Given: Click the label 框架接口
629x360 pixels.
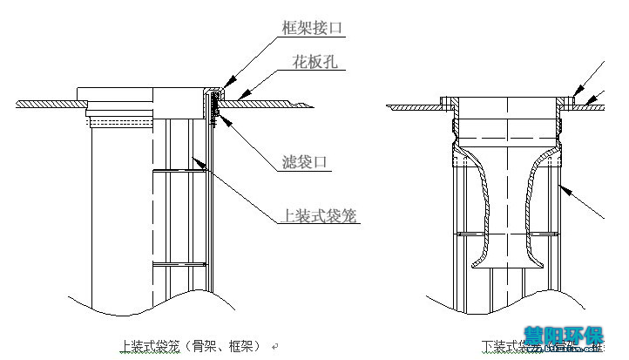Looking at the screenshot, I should pyautogui.click(x=313, y=28).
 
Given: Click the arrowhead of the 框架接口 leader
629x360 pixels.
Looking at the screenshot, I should pyautogui.click(x=213, y=89).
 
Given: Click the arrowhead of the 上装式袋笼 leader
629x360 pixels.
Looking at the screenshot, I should pyautogui.click(x=201, y=160).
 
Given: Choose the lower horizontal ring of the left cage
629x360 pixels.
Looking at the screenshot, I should pyautogui.click(x=179, y=262).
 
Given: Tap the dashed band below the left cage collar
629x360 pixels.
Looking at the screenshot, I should pyautogui.click(x=122, y=124).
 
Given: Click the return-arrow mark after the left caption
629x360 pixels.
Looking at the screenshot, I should pyautogui.click(x=275, y=345).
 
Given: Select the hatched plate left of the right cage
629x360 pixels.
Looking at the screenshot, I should pyautogui.click(x=414, y=106).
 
